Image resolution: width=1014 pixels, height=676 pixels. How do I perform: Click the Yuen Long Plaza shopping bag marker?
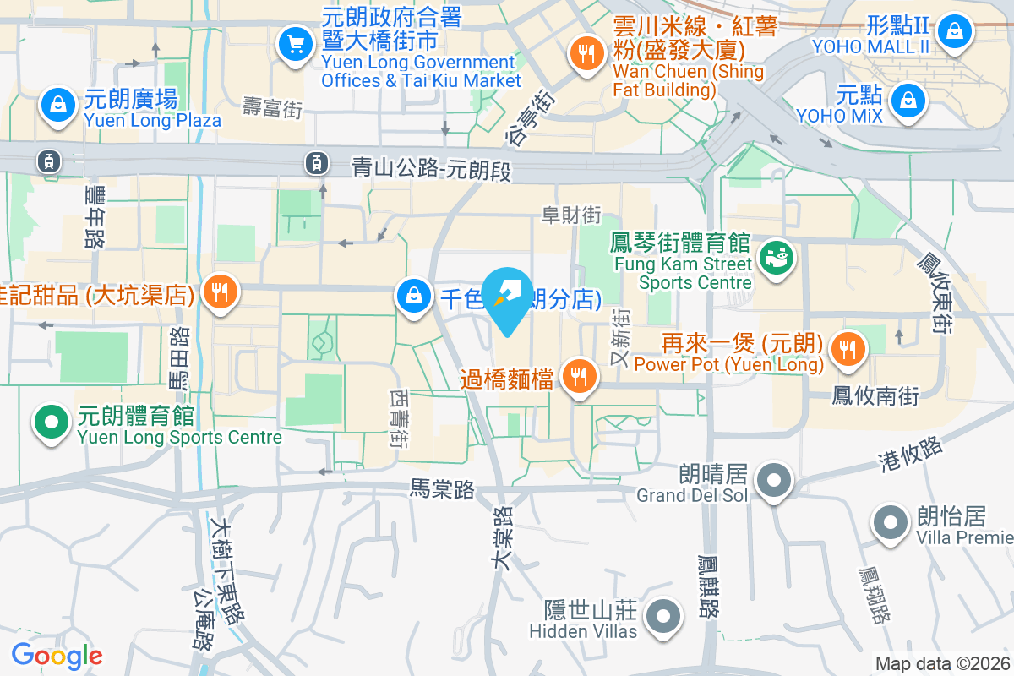point(57,105)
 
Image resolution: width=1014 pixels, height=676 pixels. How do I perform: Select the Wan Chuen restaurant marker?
point(585,52)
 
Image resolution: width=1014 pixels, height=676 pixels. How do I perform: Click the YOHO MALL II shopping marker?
point(954,31)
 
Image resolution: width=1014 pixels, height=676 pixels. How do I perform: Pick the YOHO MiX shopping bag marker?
point(907,99)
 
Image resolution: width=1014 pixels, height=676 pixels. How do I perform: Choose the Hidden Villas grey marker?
point(663,616)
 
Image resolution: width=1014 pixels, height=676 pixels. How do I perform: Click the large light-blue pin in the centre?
point(508,296)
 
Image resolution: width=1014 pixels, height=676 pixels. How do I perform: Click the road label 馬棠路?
point(442,488)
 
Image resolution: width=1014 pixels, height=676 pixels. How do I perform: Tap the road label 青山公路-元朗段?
point(432,170)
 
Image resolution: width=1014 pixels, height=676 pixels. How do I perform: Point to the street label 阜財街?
point(572,215)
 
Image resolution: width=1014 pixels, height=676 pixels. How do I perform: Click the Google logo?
point(57,656)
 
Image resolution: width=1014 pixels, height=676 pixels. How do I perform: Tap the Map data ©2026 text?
point(942,664)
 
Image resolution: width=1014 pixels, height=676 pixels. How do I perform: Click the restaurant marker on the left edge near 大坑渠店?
point(221,292)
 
